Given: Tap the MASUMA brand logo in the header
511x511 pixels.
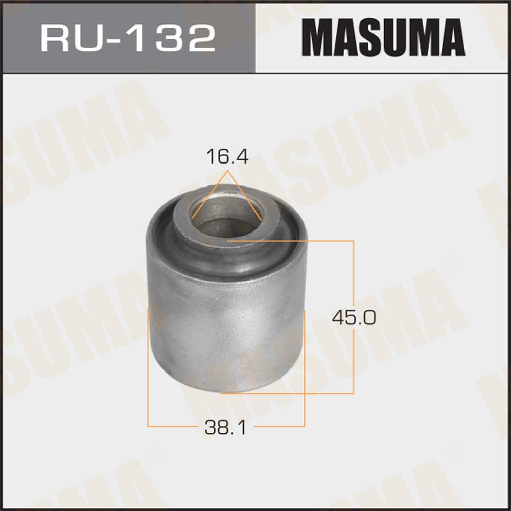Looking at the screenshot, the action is click(383, 37).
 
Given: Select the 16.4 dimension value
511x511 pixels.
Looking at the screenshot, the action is click(227, 156).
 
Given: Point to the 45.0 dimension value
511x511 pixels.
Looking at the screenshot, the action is click(354, 317).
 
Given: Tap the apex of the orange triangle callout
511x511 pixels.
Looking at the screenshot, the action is click(227, 171).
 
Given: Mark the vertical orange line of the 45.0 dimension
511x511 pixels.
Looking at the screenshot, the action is click(353, 317).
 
